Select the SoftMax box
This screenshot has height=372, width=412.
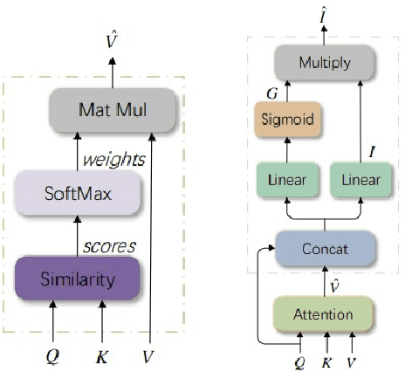(x=78, y=193)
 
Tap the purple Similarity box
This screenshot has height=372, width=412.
(x=78, y=279)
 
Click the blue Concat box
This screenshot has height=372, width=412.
(x=324, y=249)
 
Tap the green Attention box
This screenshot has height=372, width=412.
(x=324, y=312)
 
